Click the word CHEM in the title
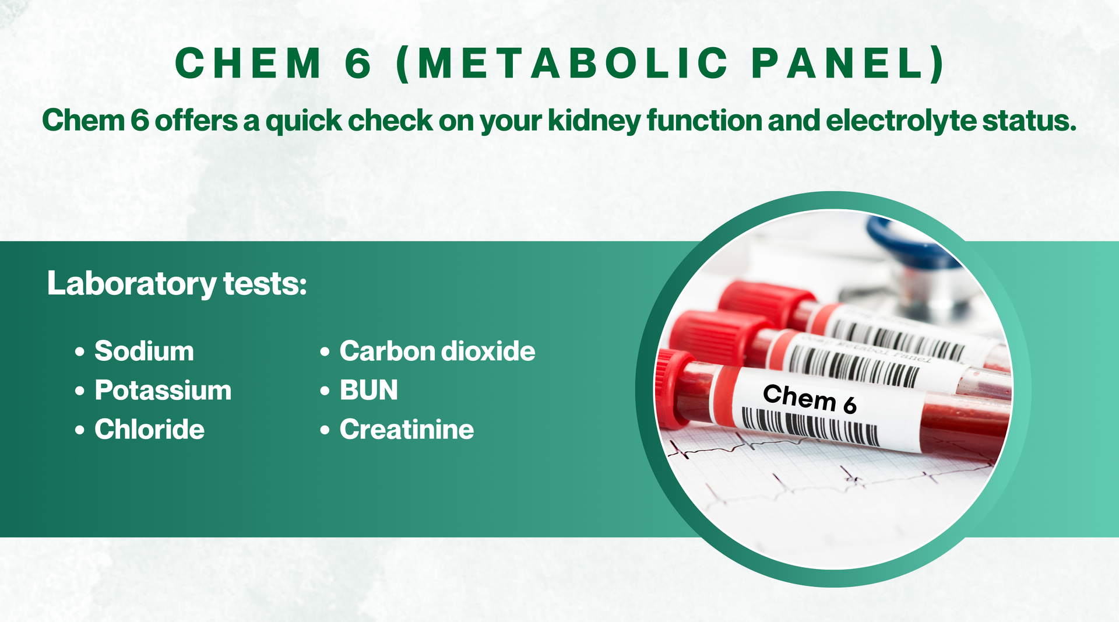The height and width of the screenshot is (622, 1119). coord(248,63)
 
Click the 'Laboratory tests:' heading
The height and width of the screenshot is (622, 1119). coord(177,284)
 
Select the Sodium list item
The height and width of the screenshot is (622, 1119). coord(144,351)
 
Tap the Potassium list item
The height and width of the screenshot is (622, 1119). coord(163,390)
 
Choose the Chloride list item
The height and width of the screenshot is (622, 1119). coord(149,429)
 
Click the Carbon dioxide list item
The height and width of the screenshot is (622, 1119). coord(437,351)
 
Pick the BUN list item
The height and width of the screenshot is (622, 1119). coord(369,390)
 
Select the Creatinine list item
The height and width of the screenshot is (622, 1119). coord(407,429)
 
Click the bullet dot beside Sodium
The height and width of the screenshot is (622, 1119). coord(80,352)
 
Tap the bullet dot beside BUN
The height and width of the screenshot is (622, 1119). coord(325,391)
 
